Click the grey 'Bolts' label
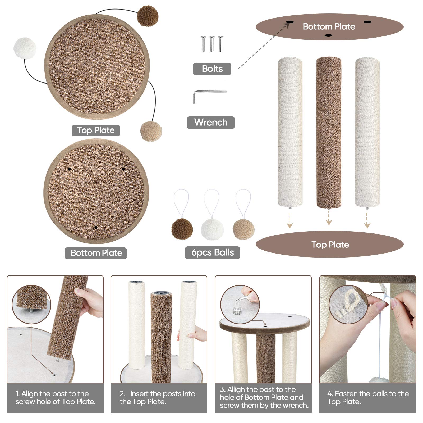pyautogui.click(x=212, y=69)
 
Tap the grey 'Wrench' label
pyautogui.click(x=211, y=122)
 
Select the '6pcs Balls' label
pyautogui.click(x=212, y=252)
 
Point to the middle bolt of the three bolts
pyautogui.click(x=212, y=44)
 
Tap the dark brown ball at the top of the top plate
pyautogui.click(x=148, y=16)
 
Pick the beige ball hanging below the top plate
pyautogui.click(x=151, y=131)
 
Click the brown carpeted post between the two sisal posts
pyautogui.click(x=329, y=132)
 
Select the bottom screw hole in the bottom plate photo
pyautogui.click(x=96, y=227)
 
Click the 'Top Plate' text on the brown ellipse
pyautogui.click(x=330, y=245)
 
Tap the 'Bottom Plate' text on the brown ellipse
pyautogui.click(x=329, y=26)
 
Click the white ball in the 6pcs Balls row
pyautogui.click(x=212, y=229)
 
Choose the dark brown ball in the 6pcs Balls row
pyautogui.click(x=182, y=229)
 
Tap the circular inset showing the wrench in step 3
pyautogui.click(x=240, y=304)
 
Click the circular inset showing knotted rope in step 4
pyautogui.click(x=348, y=304)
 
